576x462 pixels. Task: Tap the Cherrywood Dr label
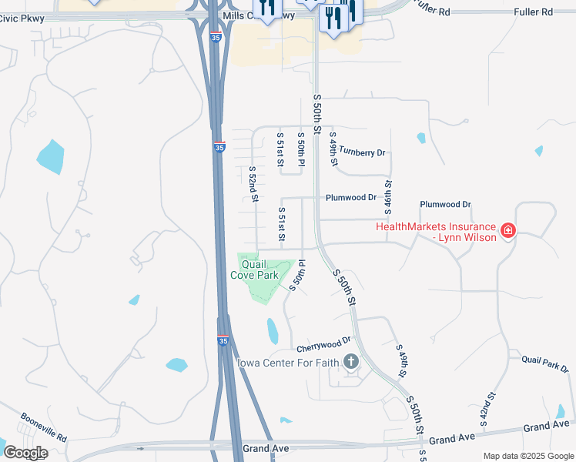point(323,339)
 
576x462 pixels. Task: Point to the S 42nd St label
point(487,408)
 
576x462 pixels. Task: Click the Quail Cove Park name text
point(254,269)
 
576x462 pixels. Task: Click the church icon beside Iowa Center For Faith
point(351,362)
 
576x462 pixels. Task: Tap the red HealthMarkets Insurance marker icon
point(507,230)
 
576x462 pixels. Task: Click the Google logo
point(25,452)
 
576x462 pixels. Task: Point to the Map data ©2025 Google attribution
point(527,456)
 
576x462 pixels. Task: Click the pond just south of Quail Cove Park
point(273,330)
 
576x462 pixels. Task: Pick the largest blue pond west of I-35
point(50,156)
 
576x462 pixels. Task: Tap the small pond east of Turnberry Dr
point(421,139)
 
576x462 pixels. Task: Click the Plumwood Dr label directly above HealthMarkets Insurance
point(445,205)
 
